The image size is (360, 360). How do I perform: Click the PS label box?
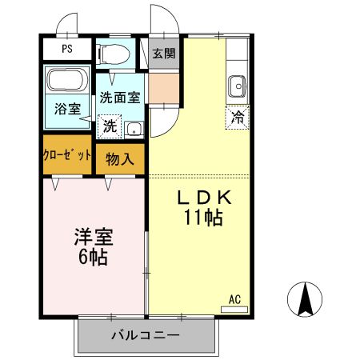click(x=67, y=49)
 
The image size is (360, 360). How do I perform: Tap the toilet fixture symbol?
click(x=113, y=54)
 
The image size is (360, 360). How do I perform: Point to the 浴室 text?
click(x=67, y=108)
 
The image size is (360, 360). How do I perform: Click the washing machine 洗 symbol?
click(x=108, y=126)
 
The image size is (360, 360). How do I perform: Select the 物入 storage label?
click(x=120, y=159)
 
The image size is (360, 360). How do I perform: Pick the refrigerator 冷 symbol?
click(x=237, y=115)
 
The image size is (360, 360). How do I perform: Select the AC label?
click(x=235, y=299)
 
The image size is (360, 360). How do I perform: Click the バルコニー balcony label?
click(x=145, y=335)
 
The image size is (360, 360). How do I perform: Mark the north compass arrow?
click(x=305, y=300)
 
